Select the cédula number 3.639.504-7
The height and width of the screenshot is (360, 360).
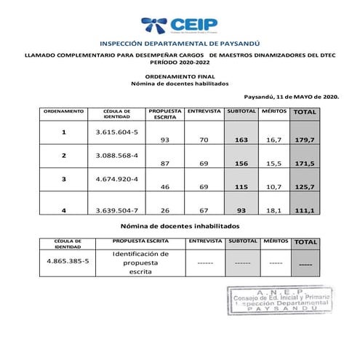click(x=116, y=209)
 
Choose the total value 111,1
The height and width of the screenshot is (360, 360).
click(x=304, y=210)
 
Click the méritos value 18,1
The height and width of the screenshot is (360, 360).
click(x=273, y=210)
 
